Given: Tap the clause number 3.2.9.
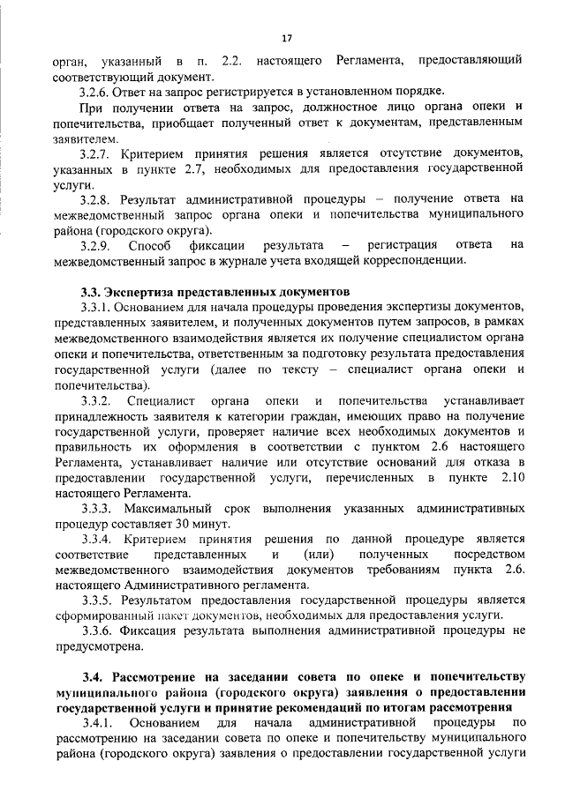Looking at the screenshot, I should pyautogui.click(x=94, y=243).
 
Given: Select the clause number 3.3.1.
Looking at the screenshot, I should pyautogui.click(x=94, y=306).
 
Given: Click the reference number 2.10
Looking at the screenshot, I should pyautogui.click(x=512, y=477).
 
